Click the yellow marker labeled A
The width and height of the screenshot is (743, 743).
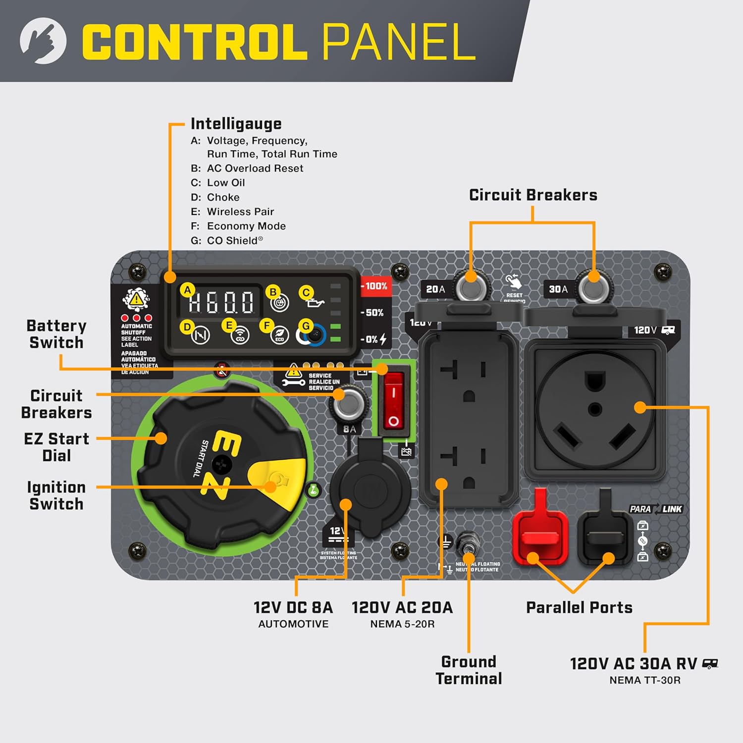coord(187,290)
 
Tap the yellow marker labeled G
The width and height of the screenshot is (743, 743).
coord(306,326)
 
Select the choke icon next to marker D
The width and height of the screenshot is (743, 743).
coord(201,336)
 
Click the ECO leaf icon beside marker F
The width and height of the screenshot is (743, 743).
coord(280,336)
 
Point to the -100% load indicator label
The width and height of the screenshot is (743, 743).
coord(375,286)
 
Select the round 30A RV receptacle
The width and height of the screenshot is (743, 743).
coord(594,409)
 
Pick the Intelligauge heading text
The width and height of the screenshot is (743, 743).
coord(236,123)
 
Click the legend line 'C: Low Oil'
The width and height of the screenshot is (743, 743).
coord(218,183)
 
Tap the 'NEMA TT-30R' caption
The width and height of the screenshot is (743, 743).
coord(644,680)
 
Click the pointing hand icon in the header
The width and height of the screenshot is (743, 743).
coord(43,41)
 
